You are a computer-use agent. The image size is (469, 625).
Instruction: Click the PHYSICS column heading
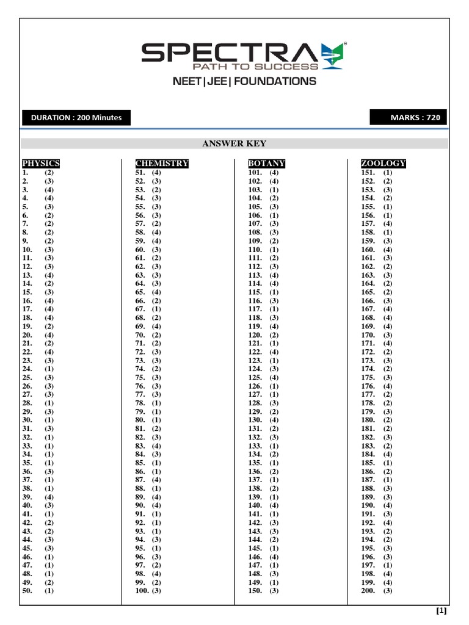pos(41,164)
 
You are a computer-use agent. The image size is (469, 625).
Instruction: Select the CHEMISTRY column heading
pos(162,164)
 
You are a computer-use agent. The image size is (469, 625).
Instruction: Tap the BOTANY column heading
pos(267,164)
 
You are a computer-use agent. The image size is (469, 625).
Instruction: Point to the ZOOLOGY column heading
pos(384,164)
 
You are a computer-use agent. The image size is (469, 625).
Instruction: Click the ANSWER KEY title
pos(234,143)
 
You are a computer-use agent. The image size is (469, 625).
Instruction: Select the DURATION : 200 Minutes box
pos(76,118)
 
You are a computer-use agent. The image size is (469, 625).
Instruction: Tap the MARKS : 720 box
pos(409,118)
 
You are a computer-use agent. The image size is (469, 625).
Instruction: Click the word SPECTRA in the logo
pos(230,53)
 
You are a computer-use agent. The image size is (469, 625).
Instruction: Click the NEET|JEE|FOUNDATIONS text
pos(244,81)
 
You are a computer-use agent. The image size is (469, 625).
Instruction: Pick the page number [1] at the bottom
pos(442,610)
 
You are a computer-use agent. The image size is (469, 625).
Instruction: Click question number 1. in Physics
pos(26,173)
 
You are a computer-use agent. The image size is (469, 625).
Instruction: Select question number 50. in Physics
pos(27,591)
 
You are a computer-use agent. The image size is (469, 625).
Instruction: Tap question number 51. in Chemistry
pos(140,173)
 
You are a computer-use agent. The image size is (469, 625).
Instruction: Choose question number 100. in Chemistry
pos(142,591)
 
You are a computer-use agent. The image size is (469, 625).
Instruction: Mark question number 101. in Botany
pos(255,173)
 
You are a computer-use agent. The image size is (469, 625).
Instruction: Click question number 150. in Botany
pos(255,591)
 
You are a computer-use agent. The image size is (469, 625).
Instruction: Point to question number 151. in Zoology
pos(368,173)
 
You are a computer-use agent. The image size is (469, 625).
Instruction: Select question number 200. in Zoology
pos(368,591)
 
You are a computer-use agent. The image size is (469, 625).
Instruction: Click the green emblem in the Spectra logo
pos(333,55)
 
